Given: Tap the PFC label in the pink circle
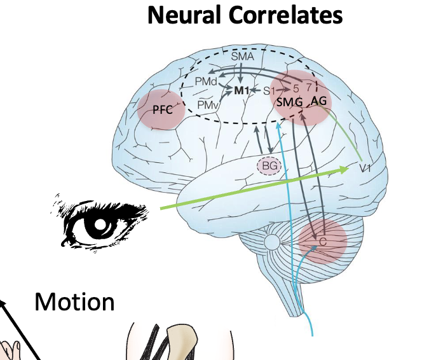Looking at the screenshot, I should (161, 109).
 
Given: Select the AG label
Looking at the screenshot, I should (319, 102).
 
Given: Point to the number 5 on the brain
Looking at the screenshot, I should (295, 85).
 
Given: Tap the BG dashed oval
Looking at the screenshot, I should (267, 166).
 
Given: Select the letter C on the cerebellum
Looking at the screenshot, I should (323, 242).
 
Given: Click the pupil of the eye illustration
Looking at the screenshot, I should (100, 225).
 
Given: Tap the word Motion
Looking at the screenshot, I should (75, 301).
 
